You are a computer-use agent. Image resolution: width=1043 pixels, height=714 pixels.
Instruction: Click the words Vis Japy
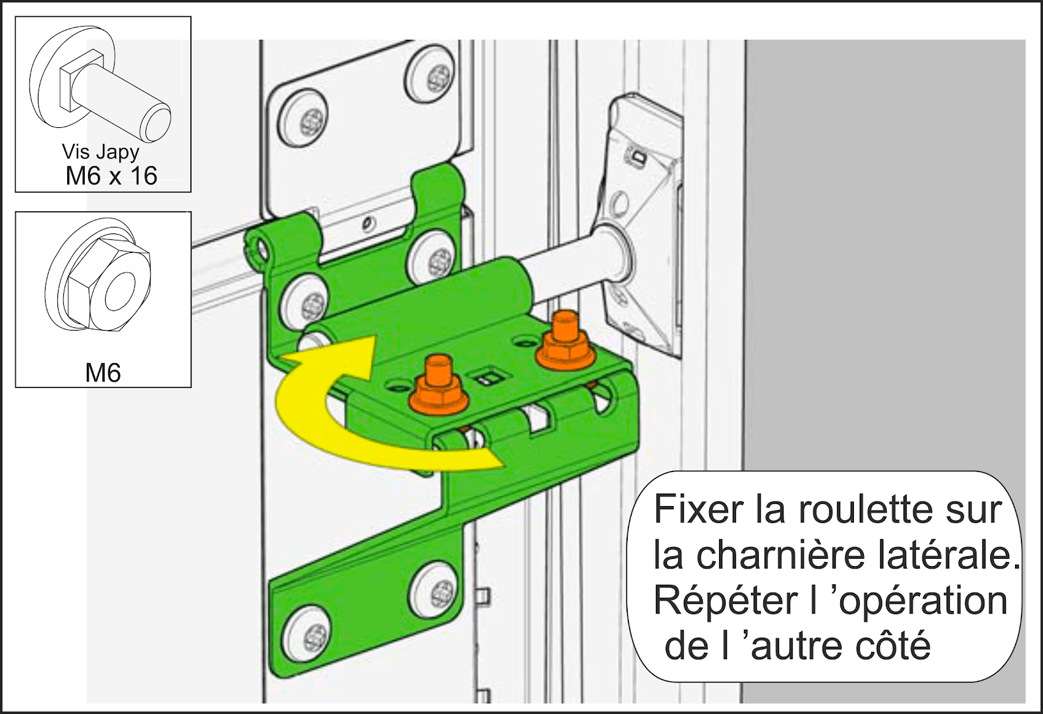(x=100, y=153)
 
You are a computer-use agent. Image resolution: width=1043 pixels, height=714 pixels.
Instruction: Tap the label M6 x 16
(x=111, y=176)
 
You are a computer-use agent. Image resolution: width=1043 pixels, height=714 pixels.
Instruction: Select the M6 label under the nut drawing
(x=103, y=372)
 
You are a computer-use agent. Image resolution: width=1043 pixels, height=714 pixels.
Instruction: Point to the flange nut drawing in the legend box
(x=98, y=275)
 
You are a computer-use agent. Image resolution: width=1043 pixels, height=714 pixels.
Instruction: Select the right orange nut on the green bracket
(x=565, y=340)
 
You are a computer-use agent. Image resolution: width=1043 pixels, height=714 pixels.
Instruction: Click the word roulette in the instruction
(x=864, y=509)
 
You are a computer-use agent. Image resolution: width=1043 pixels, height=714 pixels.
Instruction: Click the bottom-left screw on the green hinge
(x=307, y=634)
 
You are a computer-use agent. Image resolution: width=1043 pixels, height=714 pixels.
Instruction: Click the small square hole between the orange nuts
(x=488, y=376)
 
